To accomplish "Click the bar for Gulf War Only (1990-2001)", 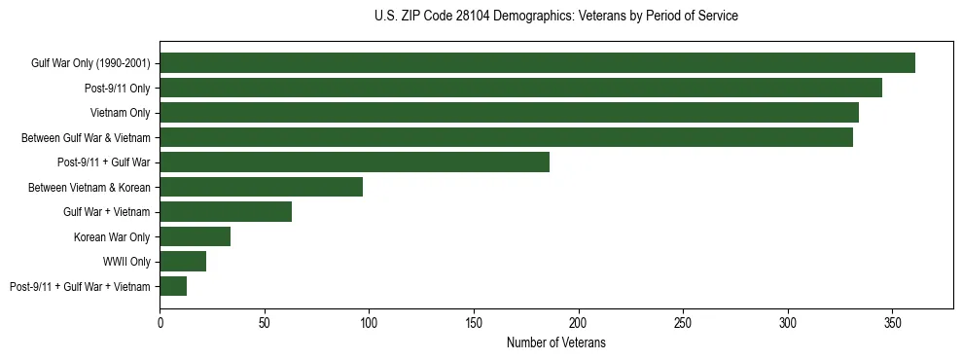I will pos(537,63).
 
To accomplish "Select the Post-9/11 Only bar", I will pos(520,88).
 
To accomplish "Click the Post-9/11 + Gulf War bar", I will pos(354,162).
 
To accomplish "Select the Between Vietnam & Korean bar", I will pos(261,187).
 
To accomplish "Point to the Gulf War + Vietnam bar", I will pos(226,212).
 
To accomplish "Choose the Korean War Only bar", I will pos(195,236).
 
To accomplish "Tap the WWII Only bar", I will pos(183,262).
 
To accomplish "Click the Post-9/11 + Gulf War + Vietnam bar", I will pos(173,286).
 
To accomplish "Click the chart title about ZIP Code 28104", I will pos(555,17).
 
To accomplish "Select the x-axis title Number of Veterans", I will pos(555,342).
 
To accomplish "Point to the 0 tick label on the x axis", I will pos(160,321).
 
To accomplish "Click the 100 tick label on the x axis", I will pos(369,321).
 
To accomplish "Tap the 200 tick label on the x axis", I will pos(578,321).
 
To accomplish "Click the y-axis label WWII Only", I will pos(126,262).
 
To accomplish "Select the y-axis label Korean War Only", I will pos(112,236).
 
